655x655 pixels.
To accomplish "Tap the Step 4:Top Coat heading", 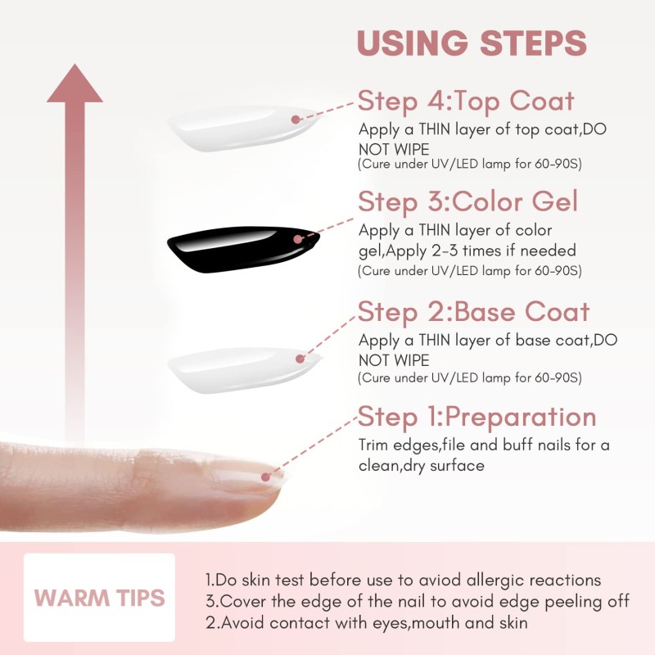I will pos(466,102).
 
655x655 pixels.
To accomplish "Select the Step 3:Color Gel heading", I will pos(468,201).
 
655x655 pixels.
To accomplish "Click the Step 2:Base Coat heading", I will pos(473,312).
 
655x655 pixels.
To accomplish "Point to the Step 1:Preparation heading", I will pos(477,417).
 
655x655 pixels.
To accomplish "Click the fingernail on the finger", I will pos(250,479).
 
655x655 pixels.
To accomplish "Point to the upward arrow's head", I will pos(75,85).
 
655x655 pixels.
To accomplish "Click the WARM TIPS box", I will pos(99,597).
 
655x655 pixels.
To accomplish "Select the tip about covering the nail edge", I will pos(417,602).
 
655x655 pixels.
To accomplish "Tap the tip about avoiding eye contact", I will pos(366,623).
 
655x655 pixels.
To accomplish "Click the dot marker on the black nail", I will pos(298,239).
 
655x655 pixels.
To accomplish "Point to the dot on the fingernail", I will pos(265,475).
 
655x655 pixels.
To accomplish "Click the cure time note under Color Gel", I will pos(469,270).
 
